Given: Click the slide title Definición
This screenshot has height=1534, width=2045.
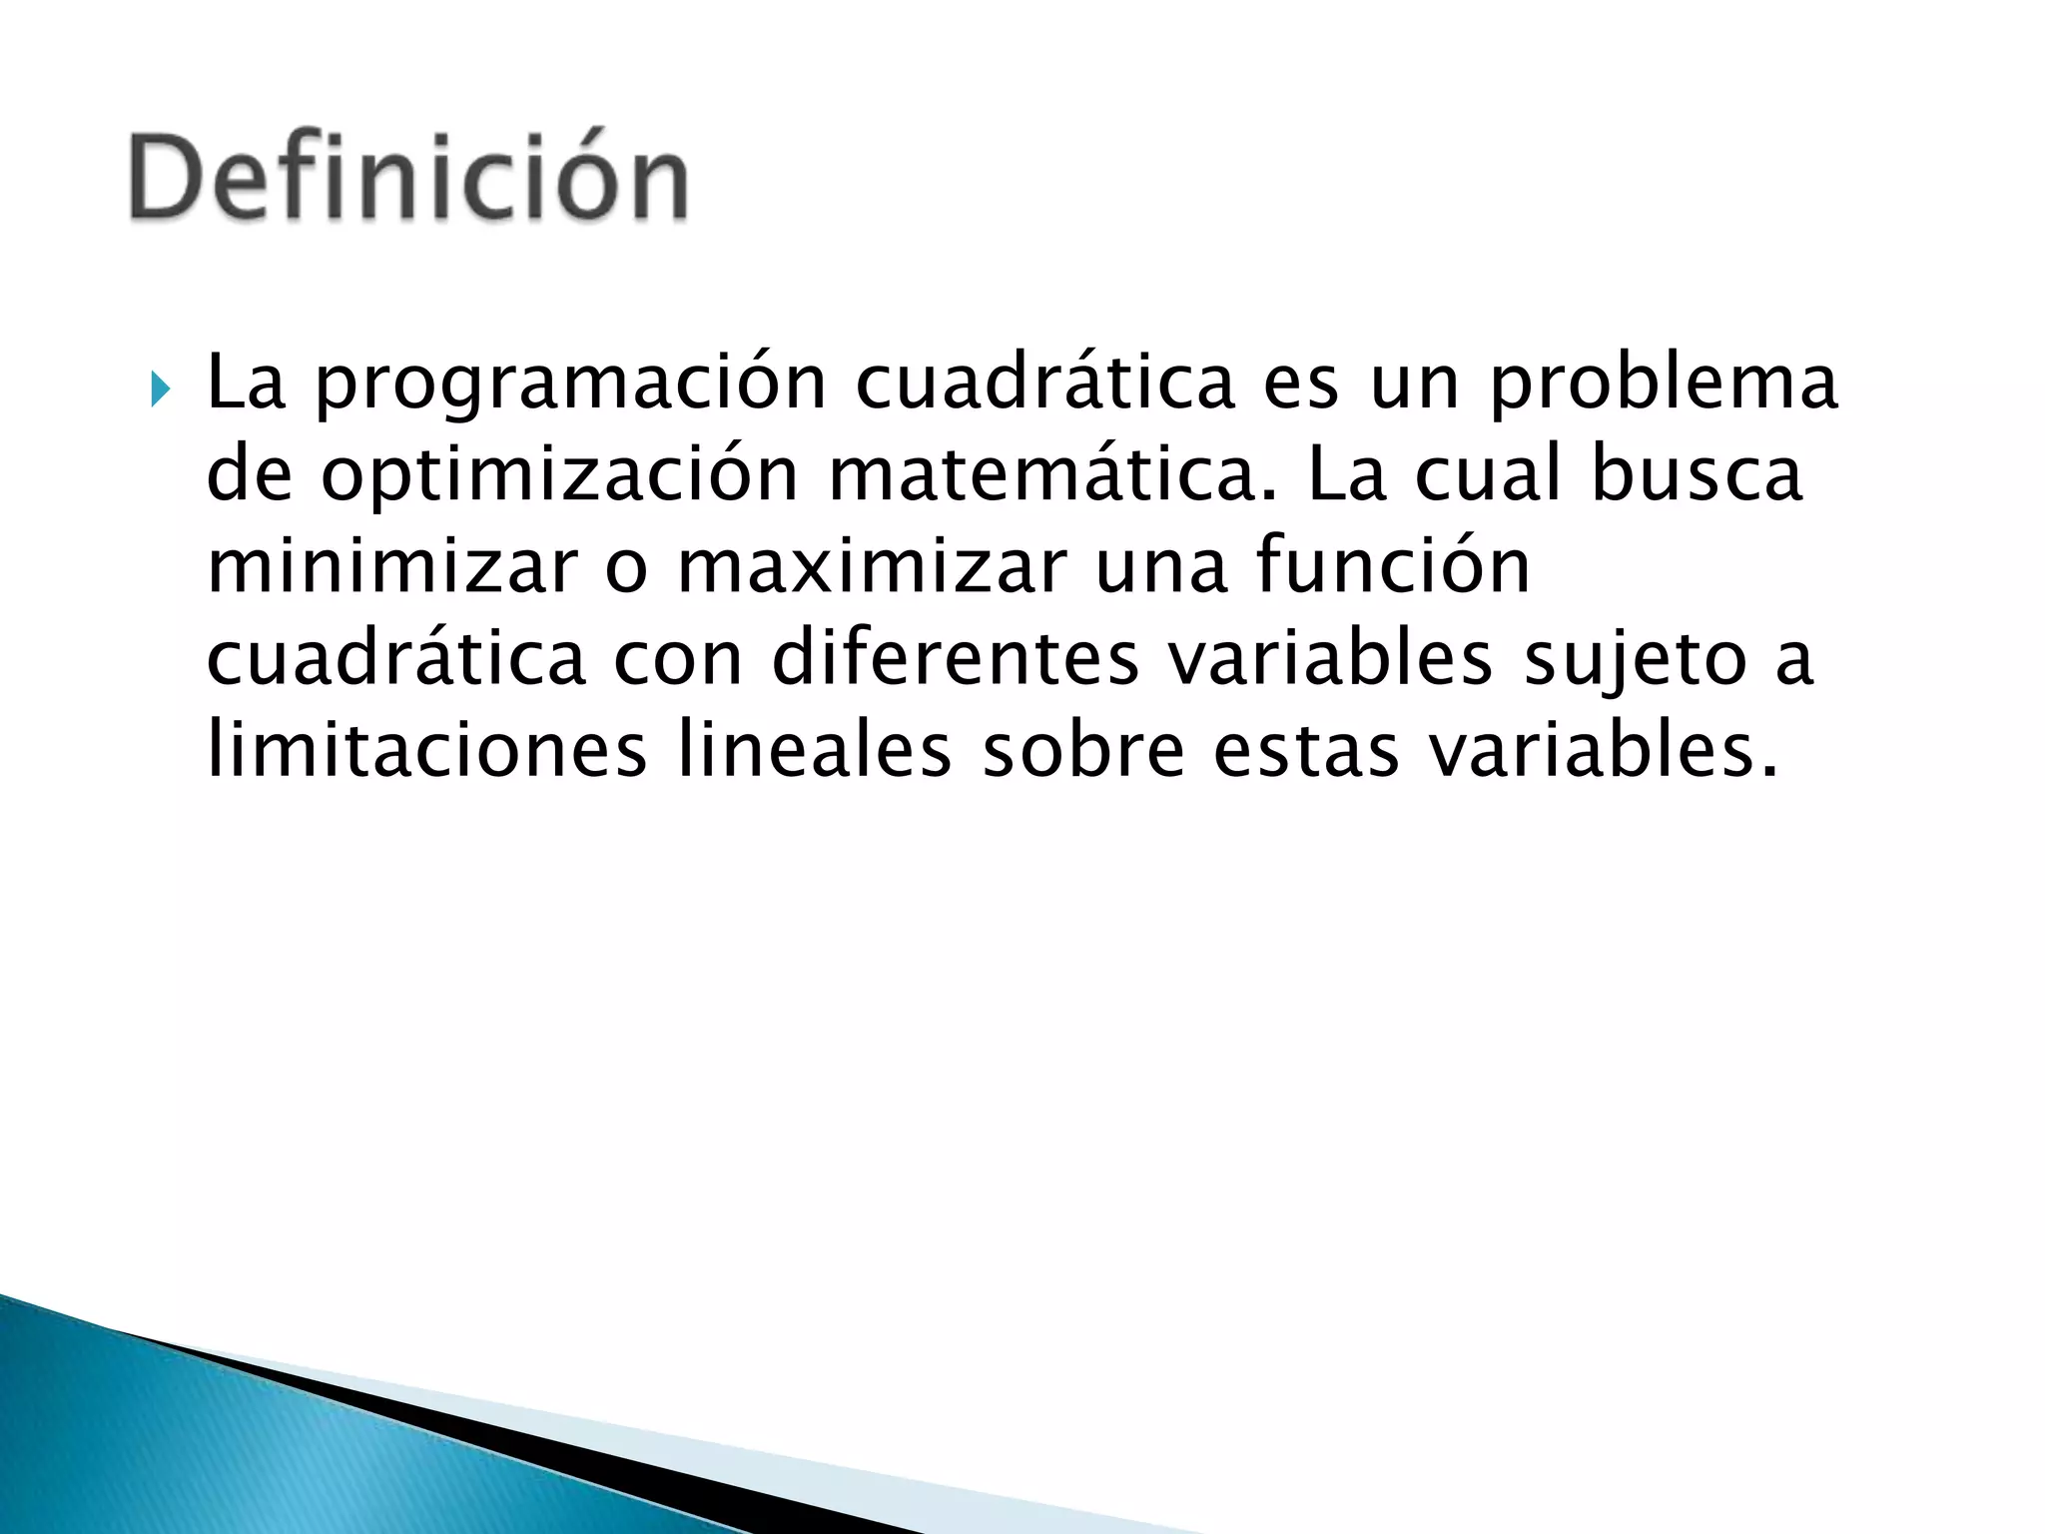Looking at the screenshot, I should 408,177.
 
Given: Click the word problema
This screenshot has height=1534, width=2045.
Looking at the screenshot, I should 1664,384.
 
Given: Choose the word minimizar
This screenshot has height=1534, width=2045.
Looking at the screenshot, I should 391,567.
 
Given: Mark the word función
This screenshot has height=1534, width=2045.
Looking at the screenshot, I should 1392,565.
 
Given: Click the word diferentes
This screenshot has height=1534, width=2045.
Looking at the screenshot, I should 955,659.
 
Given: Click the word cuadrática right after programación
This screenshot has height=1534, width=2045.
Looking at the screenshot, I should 1045,384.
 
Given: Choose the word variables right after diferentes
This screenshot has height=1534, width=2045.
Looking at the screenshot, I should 1330,659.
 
